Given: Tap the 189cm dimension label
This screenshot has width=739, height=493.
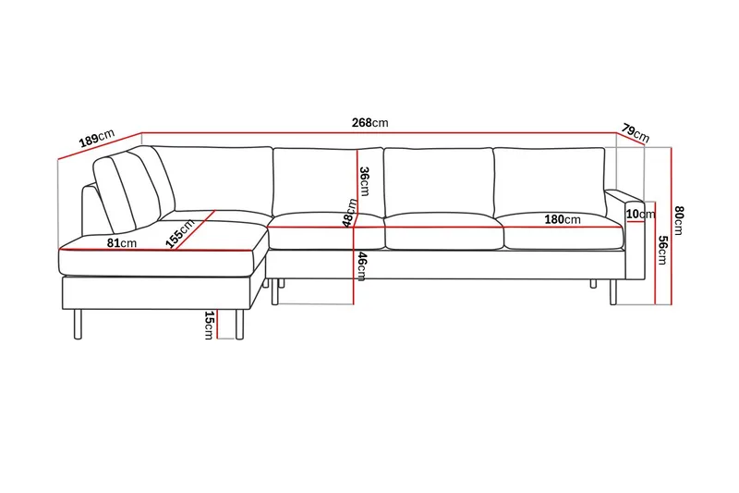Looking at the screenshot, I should point(96,140).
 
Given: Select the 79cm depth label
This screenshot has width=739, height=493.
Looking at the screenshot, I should point(636,132).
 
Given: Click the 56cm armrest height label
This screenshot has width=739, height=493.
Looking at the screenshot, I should point(662,250).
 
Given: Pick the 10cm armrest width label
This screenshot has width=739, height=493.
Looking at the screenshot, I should point(635,215).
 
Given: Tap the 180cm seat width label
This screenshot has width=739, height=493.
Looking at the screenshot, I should point(562,219).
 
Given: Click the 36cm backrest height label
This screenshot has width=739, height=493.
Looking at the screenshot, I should point(364,180).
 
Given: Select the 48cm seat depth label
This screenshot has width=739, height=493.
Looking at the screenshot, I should point(348,212).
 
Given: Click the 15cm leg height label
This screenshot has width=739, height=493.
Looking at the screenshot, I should point(209,325).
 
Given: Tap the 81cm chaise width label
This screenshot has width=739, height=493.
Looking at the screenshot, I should point(122,242).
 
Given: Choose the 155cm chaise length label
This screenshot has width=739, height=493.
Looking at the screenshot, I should point(181,234).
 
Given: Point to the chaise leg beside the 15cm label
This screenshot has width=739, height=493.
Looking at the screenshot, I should point(239,326).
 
